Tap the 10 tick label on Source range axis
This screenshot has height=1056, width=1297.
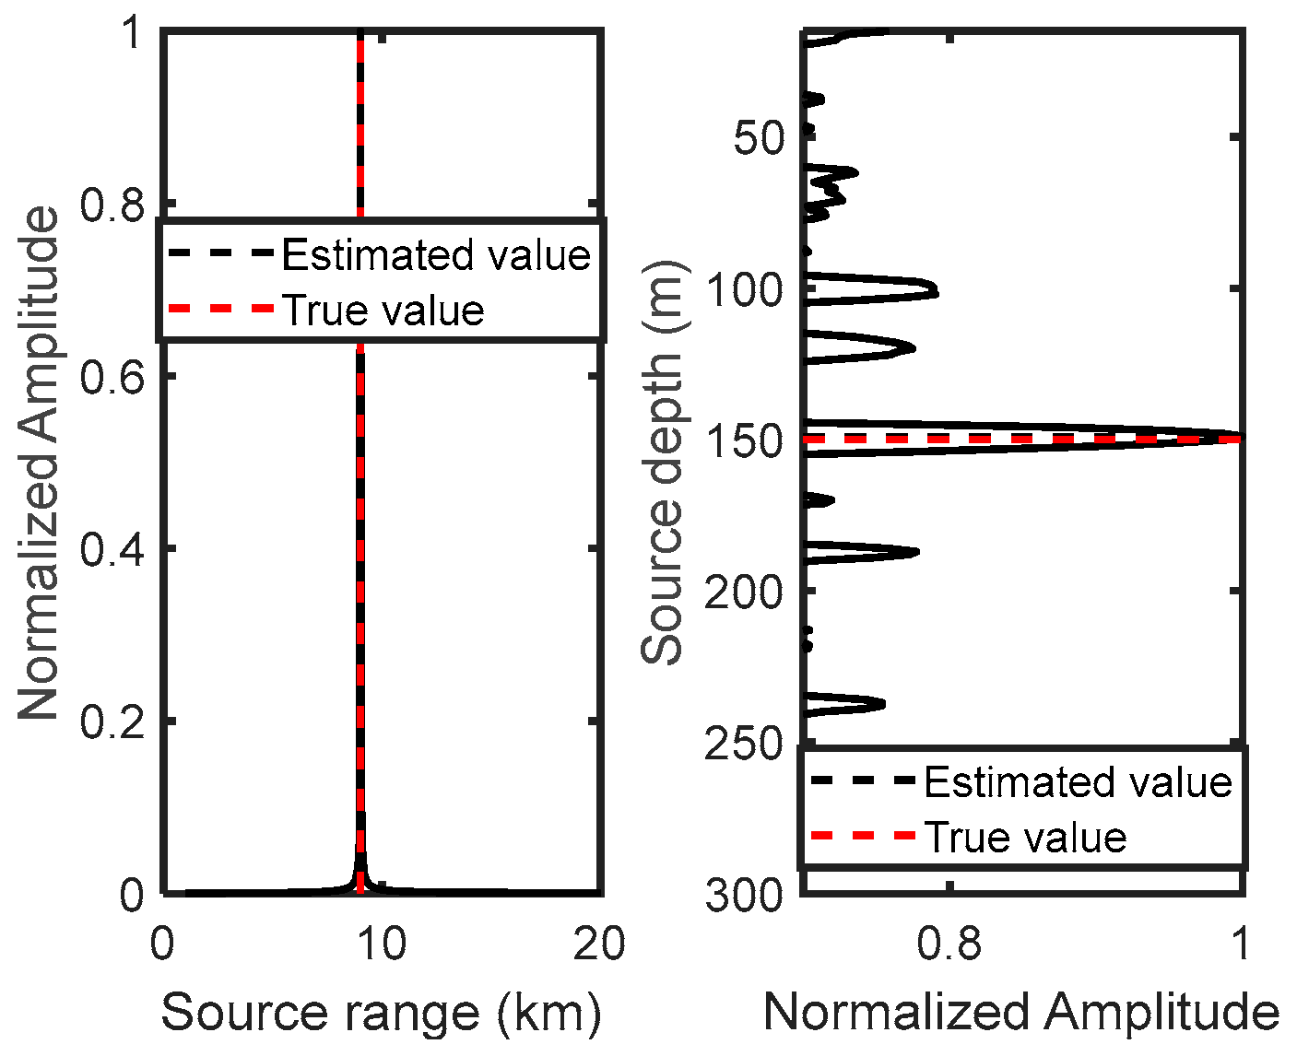(382, 945)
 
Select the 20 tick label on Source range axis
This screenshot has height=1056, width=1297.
(600, 945)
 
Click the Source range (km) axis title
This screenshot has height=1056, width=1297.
(382, 1013)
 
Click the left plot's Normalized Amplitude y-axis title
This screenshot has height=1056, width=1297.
(39, 463)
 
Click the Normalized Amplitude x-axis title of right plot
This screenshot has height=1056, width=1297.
(1021, 1013)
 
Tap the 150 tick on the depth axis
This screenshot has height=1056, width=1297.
(745, 440)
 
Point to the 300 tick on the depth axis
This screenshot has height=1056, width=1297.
(745, 895)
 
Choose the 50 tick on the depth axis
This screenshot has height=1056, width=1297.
(759, 138)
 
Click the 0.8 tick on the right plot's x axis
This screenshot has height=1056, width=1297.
(949, 945)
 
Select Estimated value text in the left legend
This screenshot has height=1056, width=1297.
(436, 255)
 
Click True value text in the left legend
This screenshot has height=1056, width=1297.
(383, 311)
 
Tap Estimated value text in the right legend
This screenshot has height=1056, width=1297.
(1078, 782)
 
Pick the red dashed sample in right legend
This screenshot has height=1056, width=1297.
(862, 837)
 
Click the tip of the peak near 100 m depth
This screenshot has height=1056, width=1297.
(937, 292)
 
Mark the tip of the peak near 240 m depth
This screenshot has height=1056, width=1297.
(884, 704)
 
